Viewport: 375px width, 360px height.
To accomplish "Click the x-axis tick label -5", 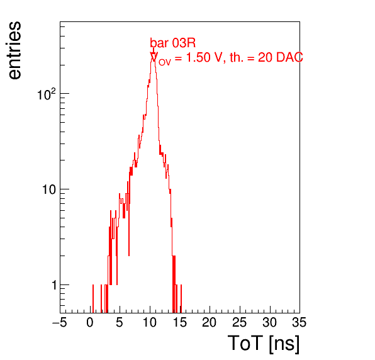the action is (x=59, y=322).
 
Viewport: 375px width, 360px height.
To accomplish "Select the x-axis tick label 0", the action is (x=90, y=322).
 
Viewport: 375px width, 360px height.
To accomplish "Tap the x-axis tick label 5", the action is (x=120, y=322).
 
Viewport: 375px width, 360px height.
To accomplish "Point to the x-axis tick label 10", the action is (x=150, y=322).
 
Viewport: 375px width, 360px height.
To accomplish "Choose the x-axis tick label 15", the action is (x=180, y=322).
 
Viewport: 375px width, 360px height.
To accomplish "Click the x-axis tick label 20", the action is (x=210, y=322).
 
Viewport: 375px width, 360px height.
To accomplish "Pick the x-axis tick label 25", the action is (x=239, y=322).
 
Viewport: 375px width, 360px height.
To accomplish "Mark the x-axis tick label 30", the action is (x=270, y=322).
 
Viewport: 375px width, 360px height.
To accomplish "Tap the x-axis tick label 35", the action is (x=299, y=322).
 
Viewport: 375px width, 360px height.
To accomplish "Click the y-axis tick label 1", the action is (x=54, y=285).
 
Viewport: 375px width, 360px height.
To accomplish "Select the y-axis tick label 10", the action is (x=49, y=189).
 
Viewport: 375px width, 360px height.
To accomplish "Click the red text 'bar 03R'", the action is (x=172, y=43).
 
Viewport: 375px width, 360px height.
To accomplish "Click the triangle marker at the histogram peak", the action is (x=154, y=56).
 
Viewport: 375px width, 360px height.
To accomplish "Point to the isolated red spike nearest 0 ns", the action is (x=93, y=298).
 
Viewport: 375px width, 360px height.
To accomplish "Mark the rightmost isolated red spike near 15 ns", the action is (x=181, y=298).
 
